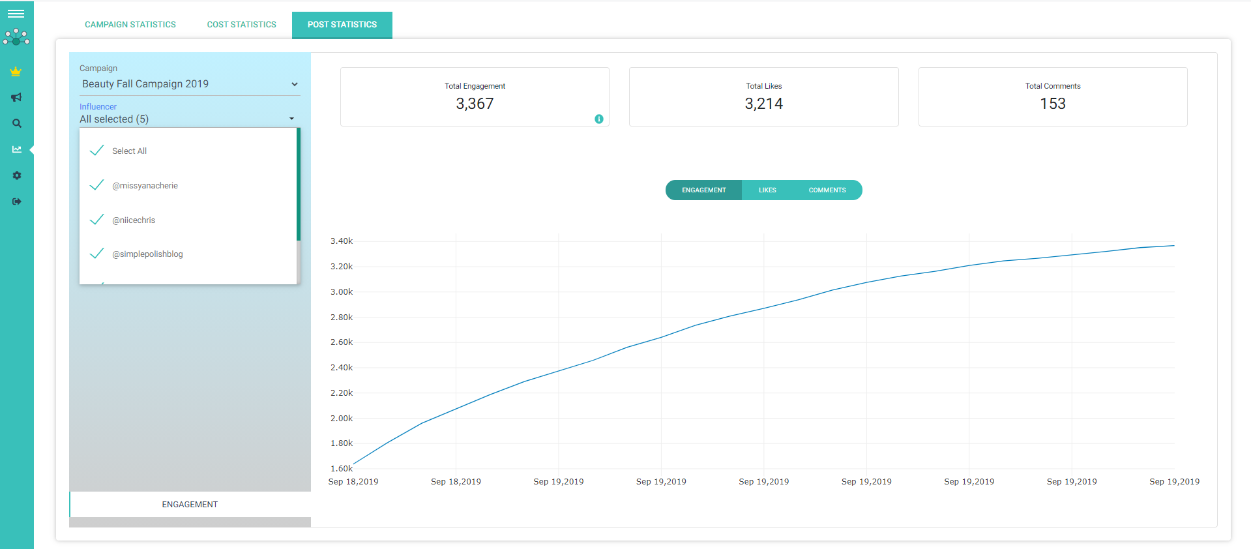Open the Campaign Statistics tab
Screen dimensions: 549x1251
130,25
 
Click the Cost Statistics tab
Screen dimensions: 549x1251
241,25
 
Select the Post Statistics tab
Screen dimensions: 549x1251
342,25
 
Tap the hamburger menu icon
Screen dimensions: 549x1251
16,14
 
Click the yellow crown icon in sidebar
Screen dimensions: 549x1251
16,72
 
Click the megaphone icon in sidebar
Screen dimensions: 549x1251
16,97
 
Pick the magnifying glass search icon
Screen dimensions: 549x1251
17,123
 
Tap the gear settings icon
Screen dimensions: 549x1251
17,175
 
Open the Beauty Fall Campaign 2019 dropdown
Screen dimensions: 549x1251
189,84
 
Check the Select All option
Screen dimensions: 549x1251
129,151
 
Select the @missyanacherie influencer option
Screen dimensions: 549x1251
144,186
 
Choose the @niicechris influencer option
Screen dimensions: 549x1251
133,220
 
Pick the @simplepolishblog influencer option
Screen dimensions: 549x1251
147,254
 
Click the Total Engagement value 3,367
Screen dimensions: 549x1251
475,104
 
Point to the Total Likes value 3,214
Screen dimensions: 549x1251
763,104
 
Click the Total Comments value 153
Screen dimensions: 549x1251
1052,104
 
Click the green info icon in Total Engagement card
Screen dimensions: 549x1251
598,119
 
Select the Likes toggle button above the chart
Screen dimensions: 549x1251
767,190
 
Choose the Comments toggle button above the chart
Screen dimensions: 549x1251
827,190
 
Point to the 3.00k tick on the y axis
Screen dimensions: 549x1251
342,292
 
